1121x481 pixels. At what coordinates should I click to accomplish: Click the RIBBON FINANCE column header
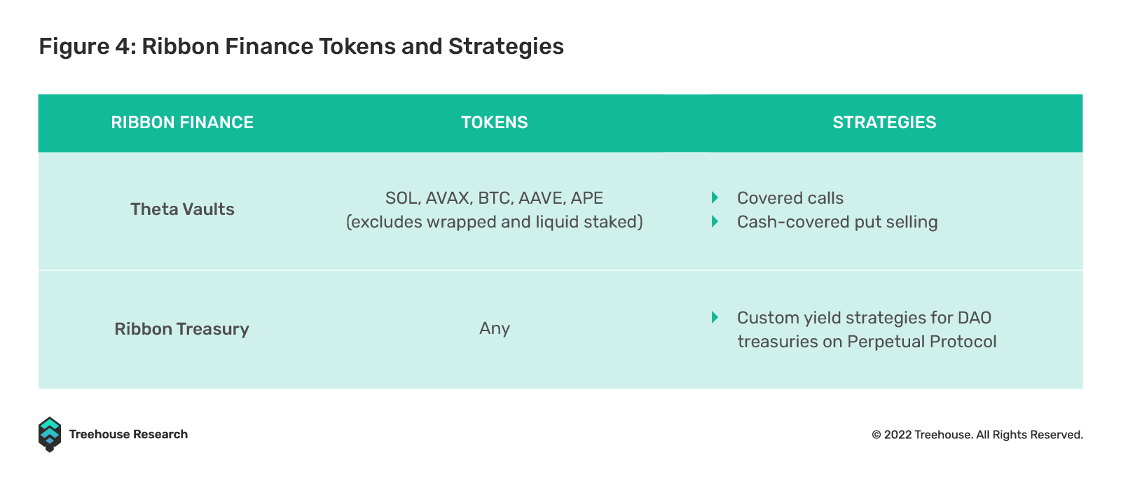182,123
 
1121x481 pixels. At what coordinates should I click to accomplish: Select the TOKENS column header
495,123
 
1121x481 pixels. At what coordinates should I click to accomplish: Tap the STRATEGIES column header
884,123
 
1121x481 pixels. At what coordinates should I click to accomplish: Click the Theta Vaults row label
182,209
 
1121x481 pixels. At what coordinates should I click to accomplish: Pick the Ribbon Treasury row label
181,329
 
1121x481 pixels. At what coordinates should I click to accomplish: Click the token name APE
587,198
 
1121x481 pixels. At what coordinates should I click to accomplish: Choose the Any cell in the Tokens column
495,329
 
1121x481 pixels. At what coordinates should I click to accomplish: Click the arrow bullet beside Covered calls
715,197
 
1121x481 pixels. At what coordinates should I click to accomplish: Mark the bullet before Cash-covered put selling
715,221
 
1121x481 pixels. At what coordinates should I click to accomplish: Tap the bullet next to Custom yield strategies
715,317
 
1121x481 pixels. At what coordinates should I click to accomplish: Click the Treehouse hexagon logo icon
50,435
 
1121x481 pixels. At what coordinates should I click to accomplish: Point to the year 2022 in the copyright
898,435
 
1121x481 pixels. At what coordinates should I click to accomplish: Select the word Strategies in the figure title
506,46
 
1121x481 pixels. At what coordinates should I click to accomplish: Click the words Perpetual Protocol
922,342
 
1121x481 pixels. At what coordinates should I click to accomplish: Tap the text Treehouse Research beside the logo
128,434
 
